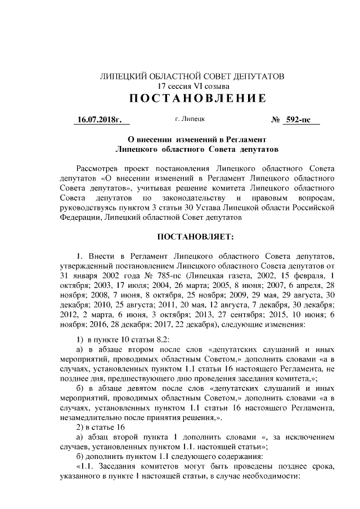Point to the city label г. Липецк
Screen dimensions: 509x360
point(190,119)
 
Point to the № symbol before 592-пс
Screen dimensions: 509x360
point(276,119)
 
